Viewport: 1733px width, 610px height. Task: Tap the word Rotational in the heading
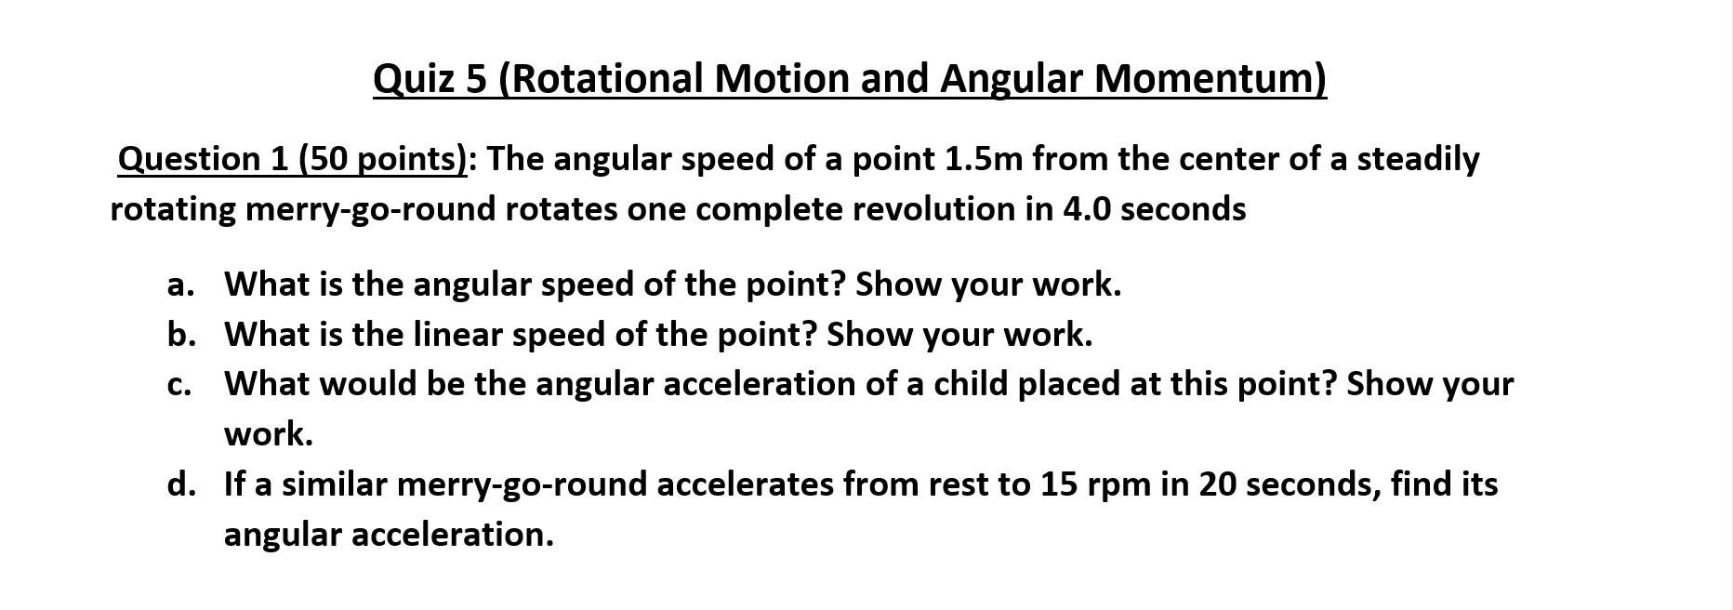[602, 79]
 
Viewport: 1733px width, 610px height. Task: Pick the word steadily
[1418, 160]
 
